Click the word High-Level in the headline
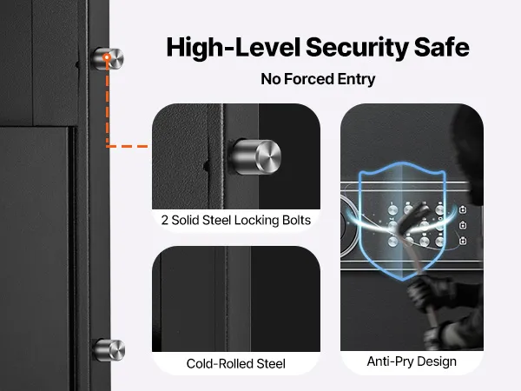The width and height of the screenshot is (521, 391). pyautogui.click(x=234, y=47)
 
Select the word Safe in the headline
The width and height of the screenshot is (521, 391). pyautogui.click(x=442, y=47)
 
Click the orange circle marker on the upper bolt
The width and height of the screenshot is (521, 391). pyautogui.click(x=107, y=57)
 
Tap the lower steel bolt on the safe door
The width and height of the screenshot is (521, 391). pyautogui.click(x=109, y=350)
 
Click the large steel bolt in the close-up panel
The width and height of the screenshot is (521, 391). pyautogui.click(x=255, y=157)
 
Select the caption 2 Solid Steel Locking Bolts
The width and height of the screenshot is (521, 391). pyautogui.click(x=236, y=220)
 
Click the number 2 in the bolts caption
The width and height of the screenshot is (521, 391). pyautogui.click(x=164, y=220)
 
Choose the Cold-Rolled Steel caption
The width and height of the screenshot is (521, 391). pyautogui.click(x=236, y=364)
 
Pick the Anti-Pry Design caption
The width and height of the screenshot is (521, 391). pyautogui.click(x=412, y=361)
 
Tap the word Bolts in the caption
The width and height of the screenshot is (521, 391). pyautogui.click(x=296, y=220)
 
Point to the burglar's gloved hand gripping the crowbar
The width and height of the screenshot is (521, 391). pyautogui.click(x=429, y=290)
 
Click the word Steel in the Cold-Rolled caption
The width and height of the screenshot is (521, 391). pyautogui.click(x=271, y=364)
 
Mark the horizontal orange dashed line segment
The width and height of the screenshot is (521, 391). pyautogui.click(x=127, y=146)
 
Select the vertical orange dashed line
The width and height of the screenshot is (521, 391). pyautogui.click(x=108, y=103)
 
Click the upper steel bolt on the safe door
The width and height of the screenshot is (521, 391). pyautogui.click(x=108, y=58)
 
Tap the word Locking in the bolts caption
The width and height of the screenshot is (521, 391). pyautogui.click(x=256, y=221)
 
